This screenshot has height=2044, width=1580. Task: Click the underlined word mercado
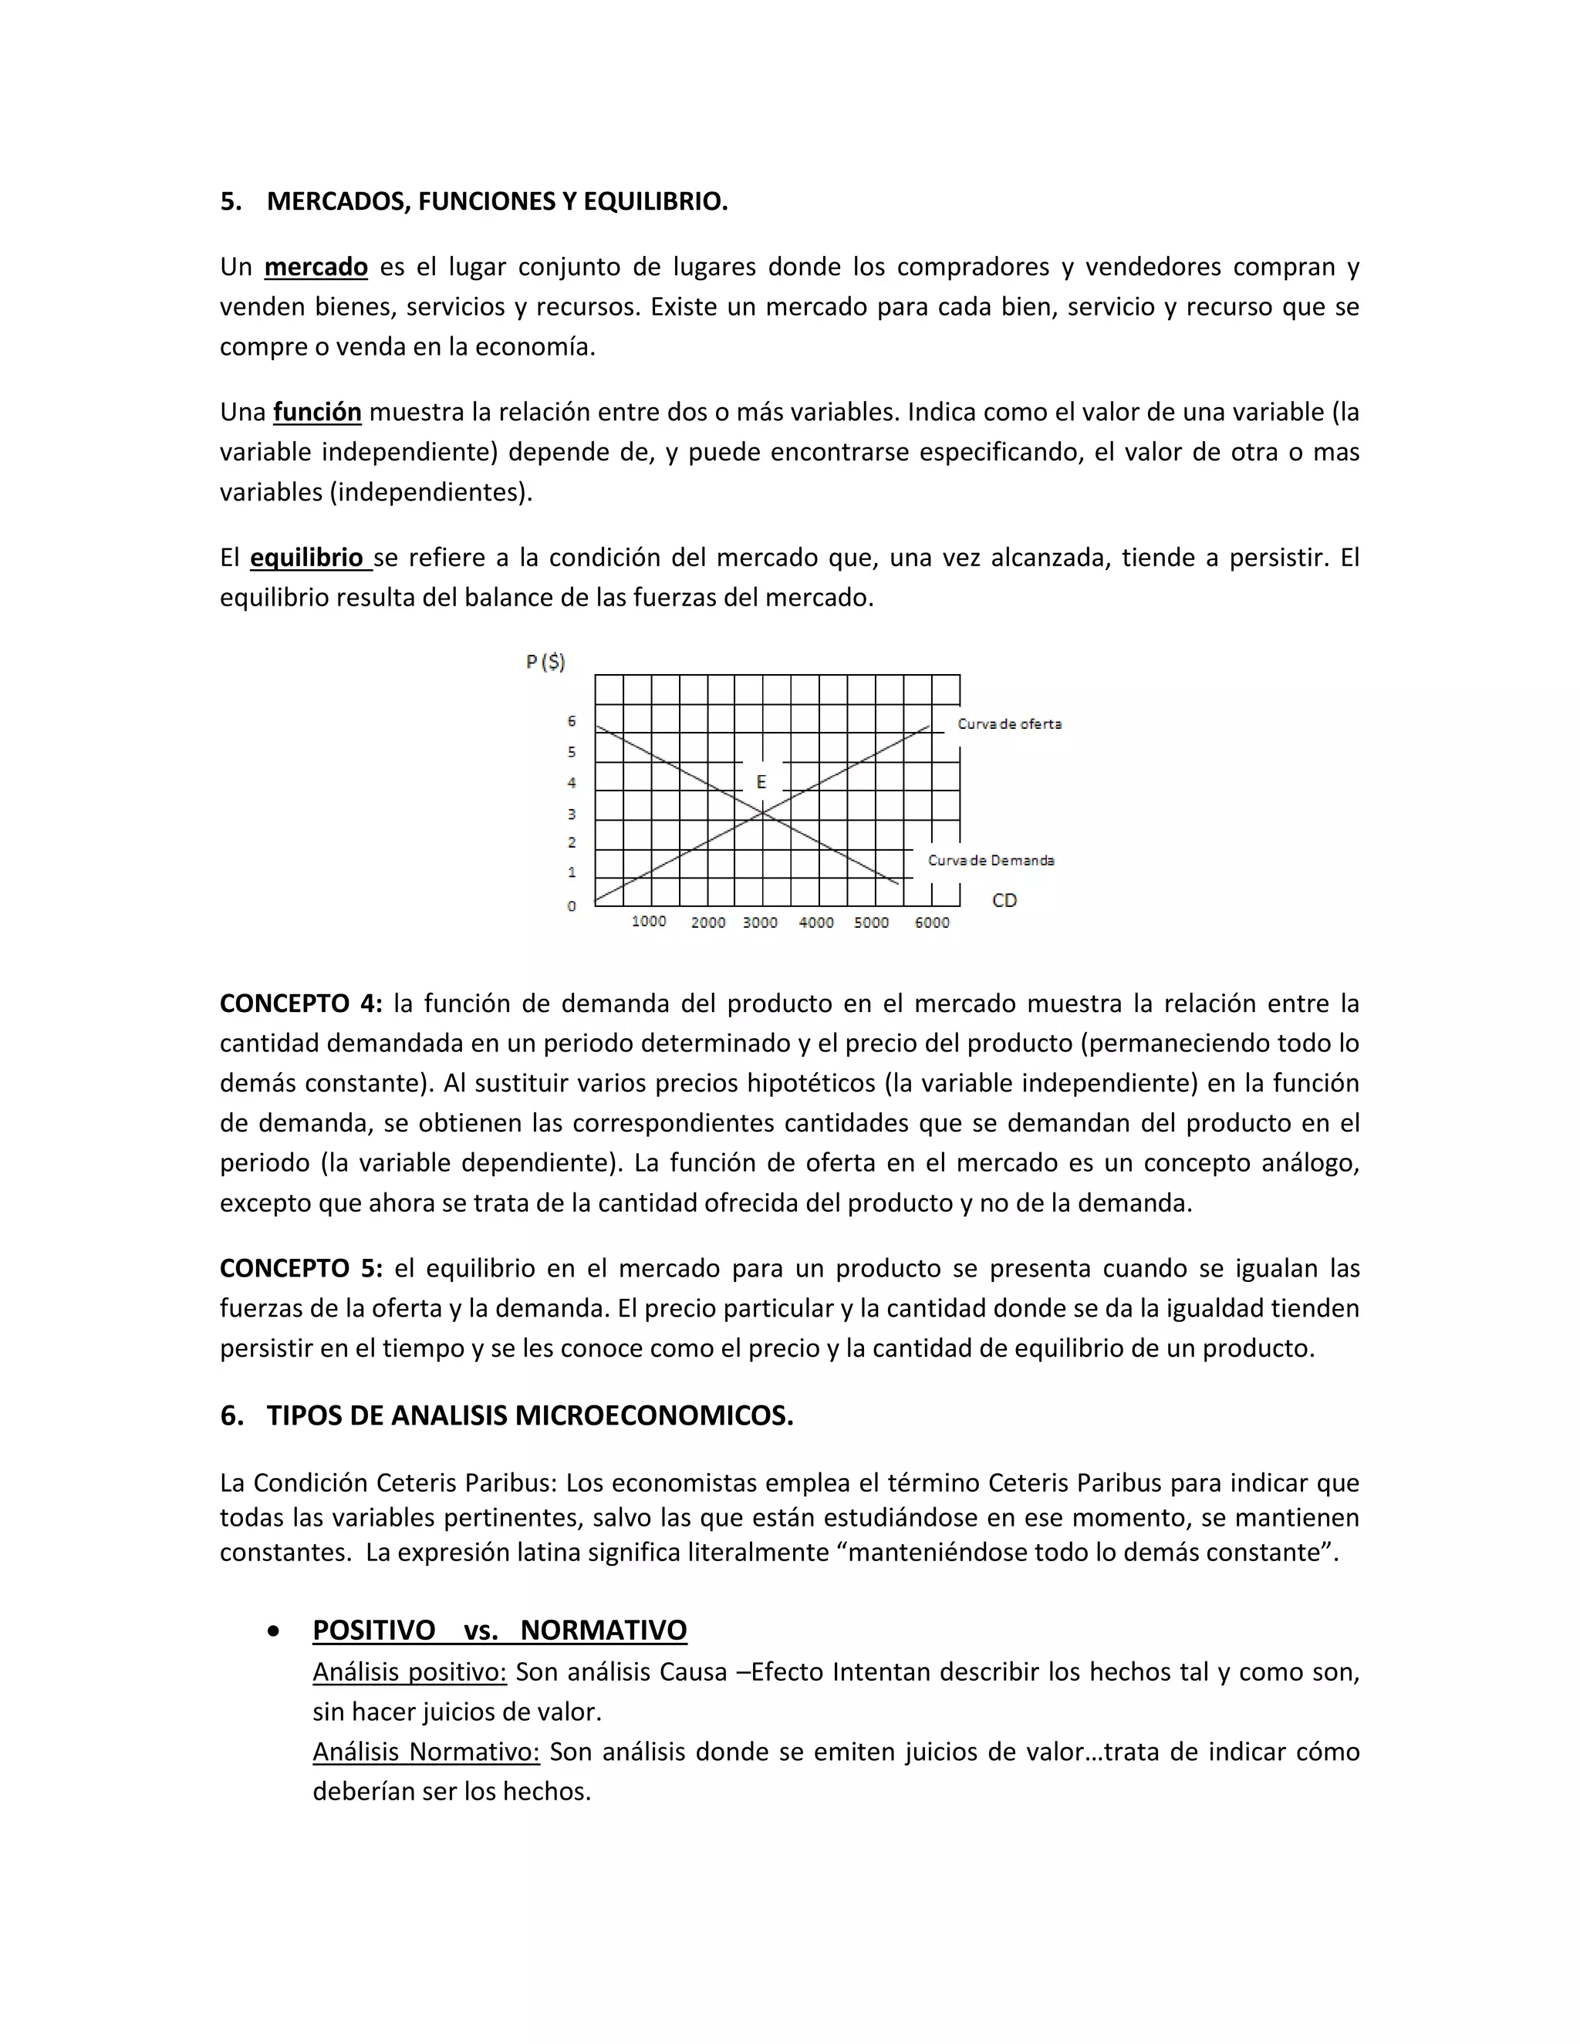click(x=316, y=268)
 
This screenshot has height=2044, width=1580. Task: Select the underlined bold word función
click(x=316, y=413)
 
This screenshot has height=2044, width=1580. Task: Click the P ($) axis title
click(x=545, y=663)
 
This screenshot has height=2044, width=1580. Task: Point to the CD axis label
click(x=1004, y=900)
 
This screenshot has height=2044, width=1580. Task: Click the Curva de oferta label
click(x=1009, y=724)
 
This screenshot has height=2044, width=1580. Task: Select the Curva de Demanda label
click(x=991, y=860)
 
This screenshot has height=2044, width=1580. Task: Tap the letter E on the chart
click(x=761, y=781)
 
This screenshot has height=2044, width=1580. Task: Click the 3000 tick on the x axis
click(x=760, y=922)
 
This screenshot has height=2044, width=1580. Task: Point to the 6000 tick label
click(x=931, y=922)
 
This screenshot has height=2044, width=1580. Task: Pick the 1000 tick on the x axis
click(x=649, y=922)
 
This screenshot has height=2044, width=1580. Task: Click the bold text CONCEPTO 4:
click(x=300, y=1004)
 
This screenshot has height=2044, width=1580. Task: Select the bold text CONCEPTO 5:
click(x=300, y=1269)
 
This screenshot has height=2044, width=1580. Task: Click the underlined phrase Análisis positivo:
click(x=409, y=1672)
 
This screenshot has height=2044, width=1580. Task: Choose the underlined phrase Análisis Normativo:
click(x=426, y=1752)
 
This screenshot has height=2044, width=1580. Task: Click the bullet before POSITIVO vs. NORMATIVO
click(x=272, y=1631)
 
